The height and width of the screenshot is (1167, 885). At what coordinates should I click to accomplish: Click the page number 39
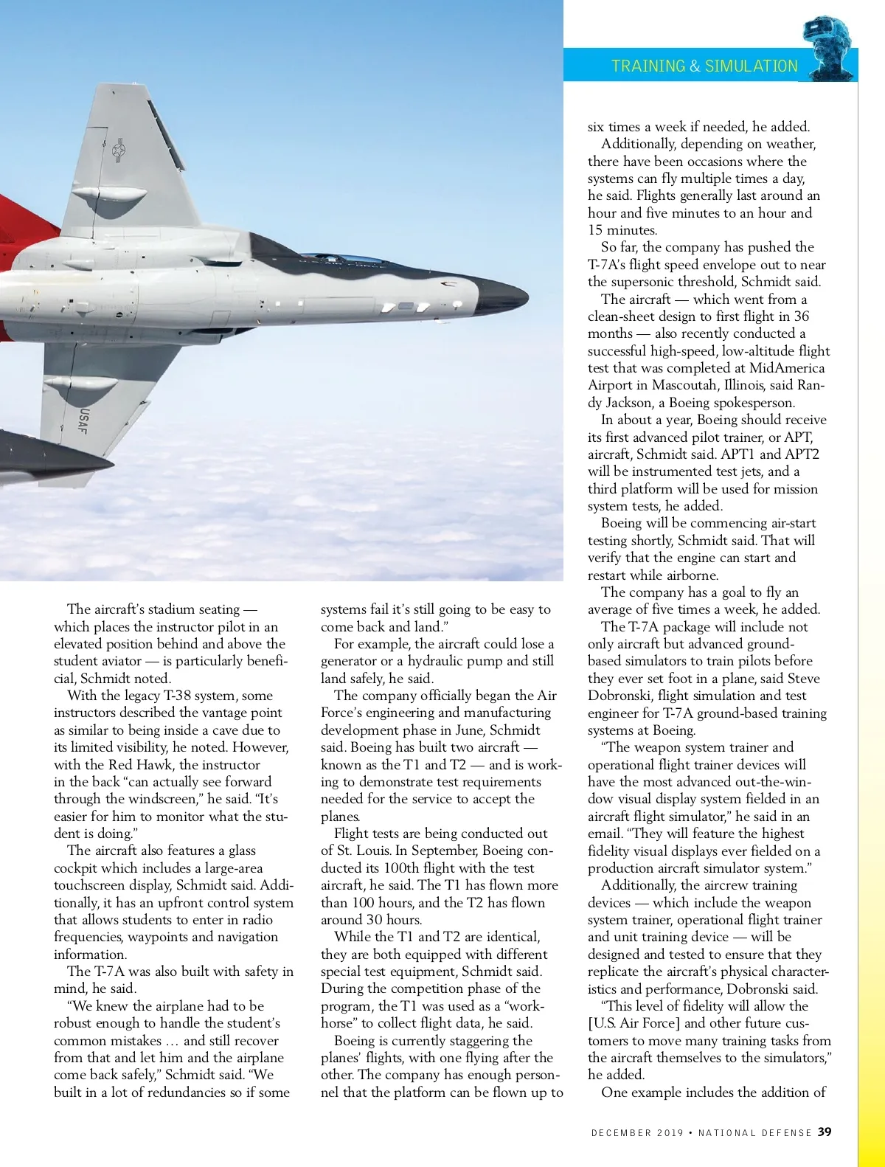(x=825, y=1132)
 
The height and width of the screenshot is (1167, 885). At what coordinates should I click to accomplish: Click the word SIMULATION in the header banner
(x=751, y=66)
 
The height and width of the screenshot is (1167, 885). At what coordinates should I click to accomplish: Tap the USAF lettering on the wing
(x=83, y=421)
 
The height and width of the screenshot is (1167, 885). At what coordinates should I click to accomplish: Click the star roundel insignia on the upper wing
(x=118, y=150)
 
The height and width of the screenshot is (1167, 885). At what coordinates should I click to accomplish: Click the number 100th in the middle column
(x=408, y=868)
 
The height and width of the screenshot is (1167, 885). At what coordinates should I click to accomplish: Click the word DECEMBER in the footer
(x=621, y=1133)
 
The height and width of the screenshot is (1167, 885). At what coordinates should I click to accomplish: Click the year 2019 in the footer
(x=670, y=1133)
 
